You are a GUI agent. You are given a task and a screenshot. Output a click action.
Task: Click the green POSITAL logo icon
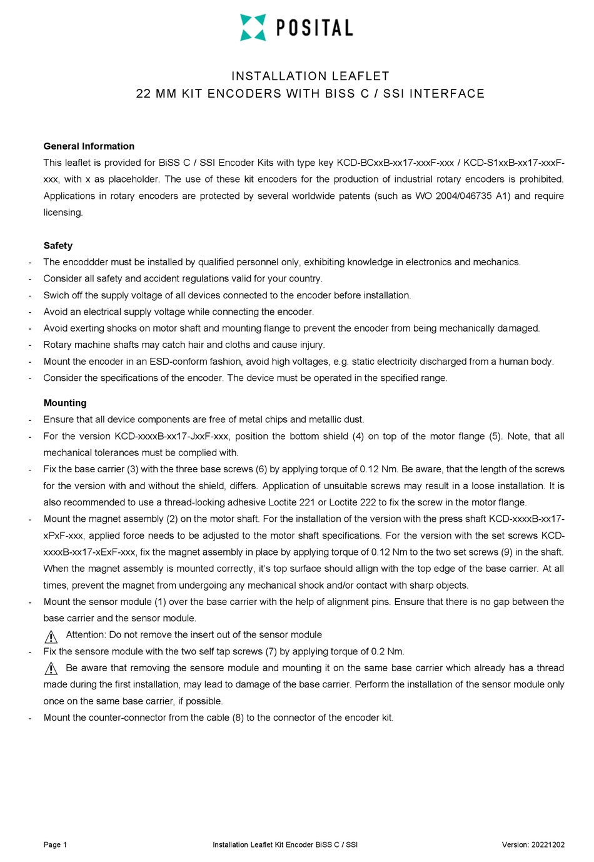click(x=253, y=28)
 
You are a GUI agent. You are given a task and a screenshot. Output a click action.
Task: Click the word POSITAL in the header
click(x=315, y=28)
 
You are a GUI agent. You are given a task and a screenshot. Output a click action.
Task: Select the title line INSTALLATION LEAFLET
click(x=310, y=76)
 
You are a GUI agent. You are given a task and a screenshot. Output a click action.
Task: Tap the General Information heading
click(x=89, y=146)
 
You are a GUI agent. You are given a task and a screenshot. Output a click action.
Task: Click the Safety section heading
click(x=58, y=246)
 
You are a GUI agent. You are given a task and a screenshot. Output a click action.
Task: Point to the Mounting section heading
click(x=65, y=403)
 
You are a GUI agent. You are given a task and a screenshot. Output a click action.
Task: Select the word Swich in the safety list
click(x=56, y=295)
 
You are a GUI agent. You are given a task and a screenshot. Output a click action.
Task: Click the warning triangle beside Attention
click(x=51, y=637)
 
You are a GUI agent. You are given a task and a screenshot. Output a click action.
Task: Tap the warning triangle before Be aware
click(x=51, y=669)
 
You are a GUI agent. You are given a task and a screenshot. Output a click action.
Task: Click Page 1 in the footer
click(x=55, y=844)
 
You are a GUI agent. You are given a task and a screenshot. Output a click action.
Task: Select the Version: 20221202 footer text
click(x=533, y=844)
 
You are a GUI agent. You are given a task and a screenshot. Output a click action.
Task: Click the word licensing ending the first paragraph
click(x=63, y=213)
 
